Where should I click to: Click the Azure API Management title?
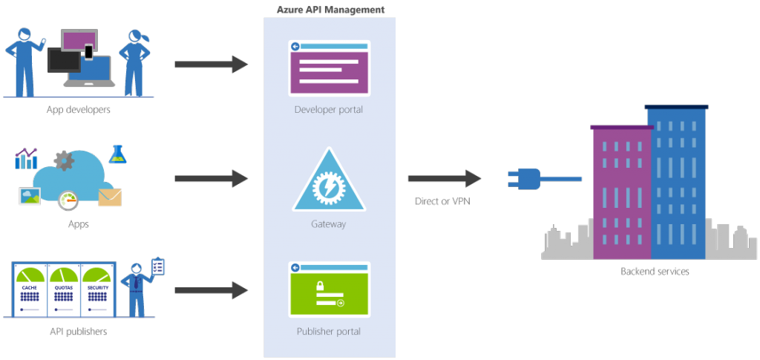(x=330, y=9)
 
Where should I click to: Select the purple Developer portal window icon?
(x=329, y=68)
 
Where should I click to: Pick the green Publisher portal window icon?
(x=329, y=290)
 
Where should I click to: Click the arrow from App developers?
(x=211, y=65)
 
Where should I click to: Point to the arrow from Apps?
(x=211, y=178)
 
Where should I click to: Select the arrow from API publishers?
(x=211, y=290)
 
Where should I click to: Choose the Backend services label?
(x=655, y=272)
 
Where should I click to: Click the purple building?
(x=622, y=193)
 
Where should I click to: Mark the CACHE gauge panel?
(x=29, y=289)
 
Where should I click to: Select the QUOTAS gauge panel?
(x=65, y=289)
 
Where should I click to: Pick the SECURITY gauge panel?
(x=98, y=289)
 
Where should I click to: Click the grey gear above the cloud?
(x=64, y=160)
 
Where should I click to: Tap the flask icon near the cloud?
(x=117, y=154)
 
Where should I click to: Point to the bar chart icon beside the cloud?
(x=26, y=157)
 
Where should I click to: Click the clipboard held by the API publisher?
(x=157, y=266)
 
